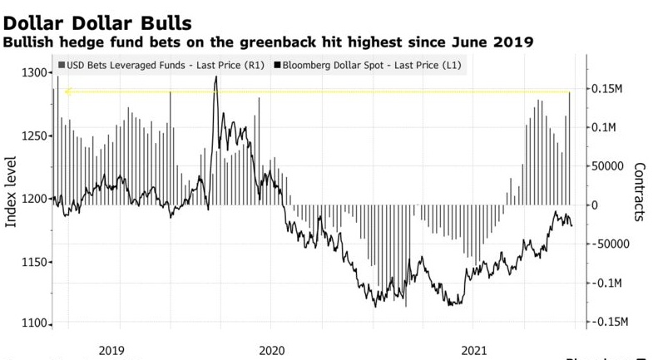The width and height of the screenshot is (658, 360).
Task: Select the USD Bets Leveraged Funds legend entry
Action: [162, 64]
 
